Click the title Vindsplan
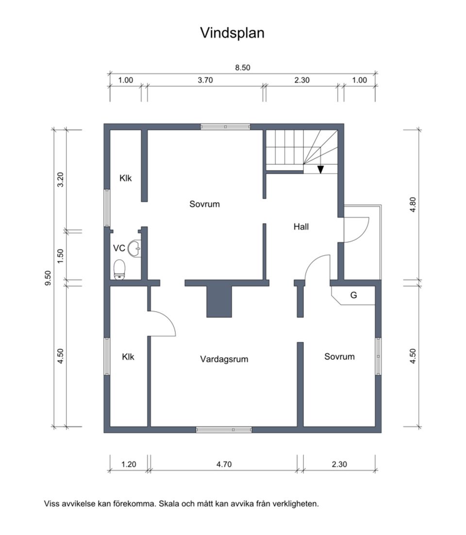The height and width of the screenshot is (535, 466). click(x=233, y=33)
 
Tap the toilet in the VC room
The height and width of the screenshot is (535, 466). click(x=119, y=269)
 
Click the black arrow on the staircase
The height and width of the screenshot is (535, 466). click(x=320, y=169)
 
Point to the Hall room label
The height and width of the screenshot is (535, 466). click(x=301, y=226)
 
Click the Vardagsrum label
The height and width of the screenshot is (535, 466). click(x=224, y=359)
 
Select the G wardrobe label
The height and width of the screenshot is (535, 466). click(x=353, y=295)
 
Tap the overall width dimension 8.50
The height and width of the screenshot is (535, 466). click(x=242, y=68)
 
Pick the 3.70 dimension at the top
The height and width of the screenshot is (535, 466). click(x=205, y=81)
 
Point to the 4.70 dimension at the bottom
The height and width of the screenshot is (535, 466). click(x=224, y=464)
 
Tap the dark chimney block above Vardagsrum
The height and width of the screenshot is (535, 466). click(x=219, y=301)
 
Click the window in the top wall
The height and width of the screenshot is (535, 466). click(x=226, y=127)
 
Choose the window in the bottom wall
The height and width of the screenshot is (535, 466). click(x=224, y=430)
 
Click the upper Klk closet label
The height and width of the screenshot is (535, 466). click(x=126, y=178)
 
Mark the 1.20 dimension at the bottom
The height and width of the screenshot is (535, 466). click(x=129, y=464)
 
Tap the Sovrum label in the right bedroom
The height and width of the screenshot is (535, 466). click(x=339, y=356)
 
